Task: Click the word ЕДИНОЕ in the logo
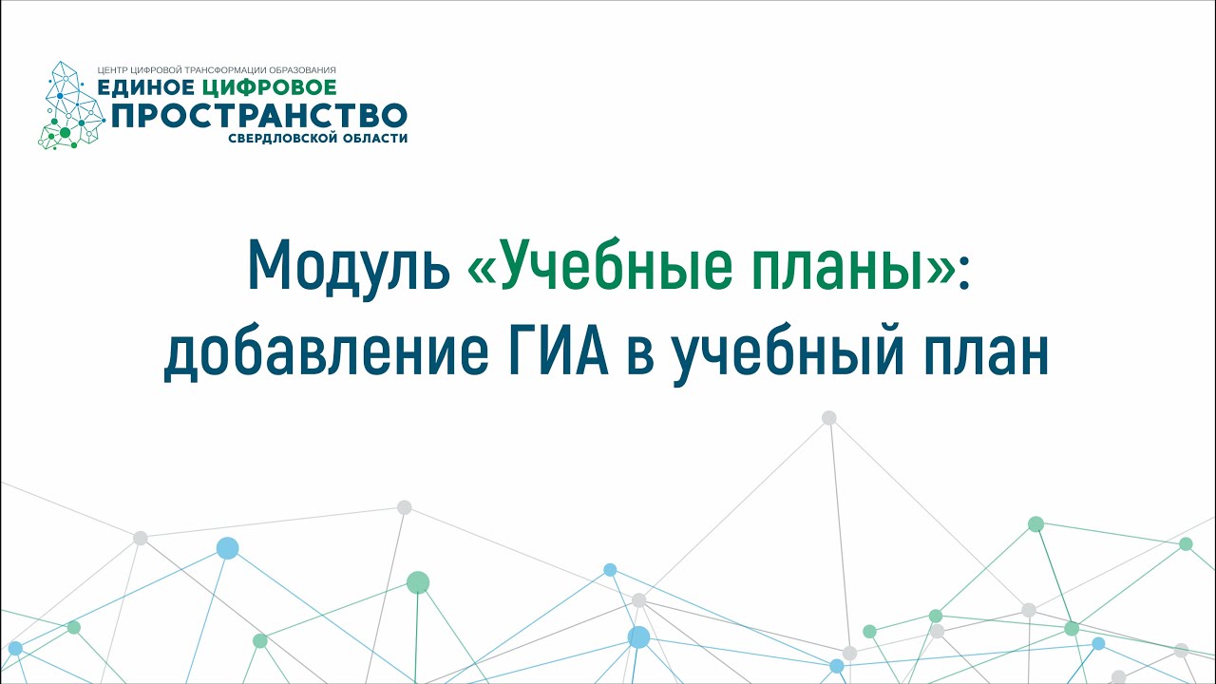145,87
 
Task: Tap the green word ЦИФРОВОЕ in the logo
269,87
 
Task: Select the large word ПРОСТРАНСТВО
259,115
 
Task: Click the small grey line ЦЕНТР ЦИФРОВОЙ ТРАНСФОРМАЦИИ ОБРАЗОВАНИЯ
217,70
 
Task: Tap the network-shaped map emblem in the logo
71,105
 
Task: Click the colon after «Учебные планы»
963,272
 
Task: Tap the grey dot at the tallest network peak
829,417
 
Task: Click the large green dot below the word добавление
418,582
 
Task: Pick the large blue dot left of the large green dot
227,548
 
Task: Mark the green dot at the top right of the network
1035,523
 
